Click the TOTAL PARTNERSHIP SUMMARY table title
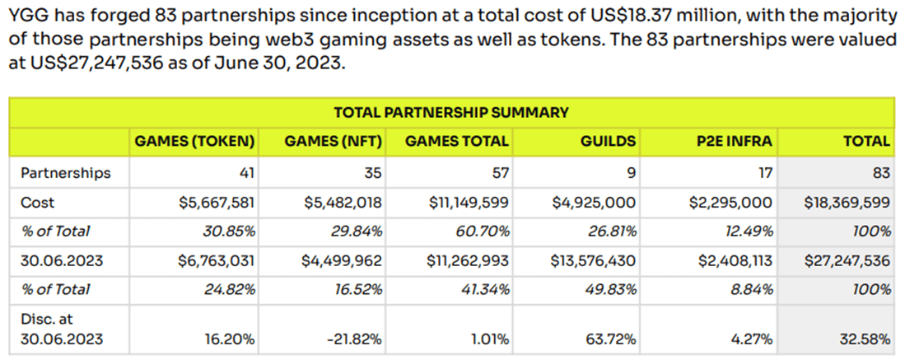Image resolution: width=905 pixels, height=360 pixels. (x=450, y=112)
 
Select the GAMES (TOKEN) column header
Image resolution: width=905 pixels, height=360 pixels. (x=194, y=141)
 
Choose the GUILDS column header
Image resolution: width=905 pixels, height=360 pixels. (x=609, y=141)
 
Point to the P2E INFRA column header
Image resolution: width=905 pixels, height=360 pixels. (x=735, y=141)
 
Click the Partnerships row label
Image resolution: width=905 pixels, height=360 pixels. (x=65, y=173)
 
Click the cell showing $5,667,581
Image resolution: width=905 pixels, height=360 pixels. (x=217, y=202)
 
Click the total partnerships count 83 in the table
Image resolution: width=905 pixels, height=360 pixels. (x=881, y=173)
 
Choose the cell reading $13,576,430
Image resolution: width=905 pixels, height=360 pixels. (x=593, y=260)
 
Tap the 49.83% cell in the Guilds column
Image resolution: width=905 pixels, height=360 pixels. (x=613, y=289)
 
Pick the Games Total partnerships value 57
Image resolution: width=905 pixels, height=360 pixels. (x=501, y=173)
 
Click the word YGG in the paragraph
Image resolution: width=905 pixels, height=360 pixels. (x=25, y=14)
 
